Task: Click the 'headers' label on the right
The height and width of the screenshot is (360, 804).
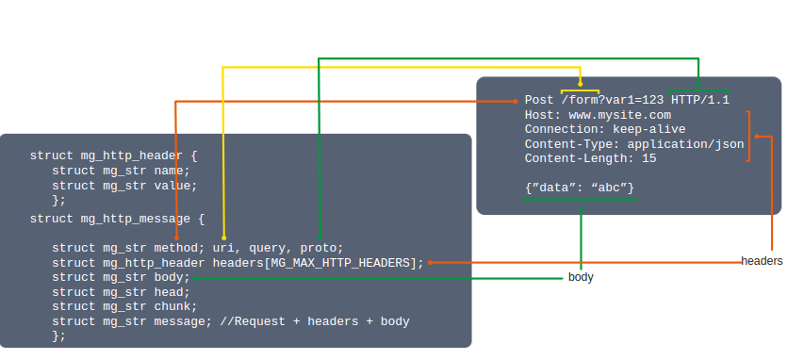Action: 762,260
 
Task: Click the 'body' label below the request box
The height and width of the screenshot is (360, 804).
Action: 581,278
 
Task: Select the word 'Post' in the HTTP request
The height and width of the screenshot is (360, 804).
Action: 539,99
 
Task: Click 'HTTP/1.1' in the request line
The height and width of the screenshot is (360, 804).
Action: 700,99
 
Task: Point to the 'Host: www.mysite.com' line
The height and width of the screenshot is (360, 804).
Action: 598,114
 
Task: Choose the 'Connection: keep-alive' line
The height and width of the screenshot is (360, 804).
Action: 605,129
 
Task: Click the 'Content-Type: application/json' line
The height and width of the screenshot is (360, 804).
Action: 634,144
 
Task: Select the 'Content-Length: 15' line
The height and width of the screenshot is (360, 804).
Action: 591,158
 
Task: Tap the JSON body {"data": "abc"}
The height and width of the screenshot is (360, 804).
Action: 580,188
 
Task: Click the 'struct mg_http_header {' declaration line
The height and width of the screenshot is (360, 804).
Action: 113,155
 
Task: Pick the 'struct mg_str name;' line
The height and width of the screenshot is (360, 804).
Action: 121,171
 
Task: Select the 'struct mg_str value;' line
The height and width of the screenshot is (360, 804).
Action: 124,186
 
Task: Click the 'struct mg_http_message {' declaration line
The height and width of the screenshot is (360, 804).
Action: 117,219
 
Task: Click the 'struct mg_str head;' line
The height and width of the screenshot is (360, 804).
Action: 121,292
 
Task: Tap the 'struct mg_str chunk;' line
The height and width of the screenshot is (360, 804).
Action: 124,306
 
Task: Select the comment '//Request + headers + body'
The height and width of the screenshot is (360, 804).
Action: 315,321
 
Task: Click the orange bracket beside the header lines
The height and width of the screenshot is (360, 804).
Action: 749,137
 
